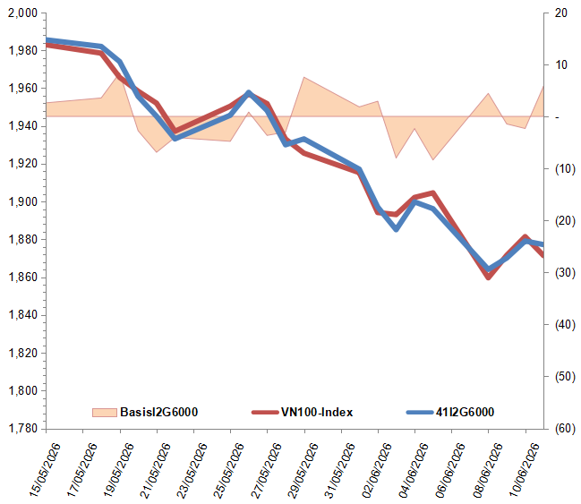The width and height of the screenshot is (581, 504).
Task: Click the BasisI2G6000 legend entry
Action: [145, 412]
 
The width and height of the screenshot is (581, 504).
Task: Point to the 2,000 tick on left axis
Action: [23, 13]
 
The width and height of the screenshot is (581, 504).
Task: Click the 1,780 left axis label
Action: [23, 429]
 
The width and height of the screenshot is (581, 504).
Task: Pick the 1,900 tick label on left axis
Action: [23, 201]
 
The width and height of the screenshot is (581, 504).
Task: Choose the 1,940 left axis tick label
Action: [23, 126]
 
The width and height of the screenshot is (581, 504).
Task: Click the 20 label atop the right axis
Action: [561, 13]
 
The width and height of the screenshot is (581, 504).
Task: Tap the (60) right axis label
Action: [565, 429]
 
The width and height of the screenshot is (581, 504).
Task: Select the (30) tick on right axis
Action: [565, 272]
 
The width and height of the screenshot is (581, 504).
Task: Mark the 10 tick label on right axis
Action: [561, 64]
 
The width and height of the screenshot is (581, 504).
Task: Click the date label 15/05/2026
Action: [45, 470]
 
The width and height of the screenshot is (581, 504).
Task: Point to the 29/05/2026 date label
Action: [303, 470]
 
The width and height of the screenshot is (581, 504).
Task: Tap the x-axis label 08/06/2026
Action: [488, 470]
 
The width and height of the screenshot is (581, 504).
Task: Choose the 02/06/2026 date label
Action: [377, 470]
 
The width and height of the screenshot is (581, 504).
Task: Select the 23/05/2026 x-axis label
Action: [192, 470]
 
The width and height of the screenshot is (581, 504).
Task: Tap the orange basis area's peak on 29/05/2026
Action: [303, 77]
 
